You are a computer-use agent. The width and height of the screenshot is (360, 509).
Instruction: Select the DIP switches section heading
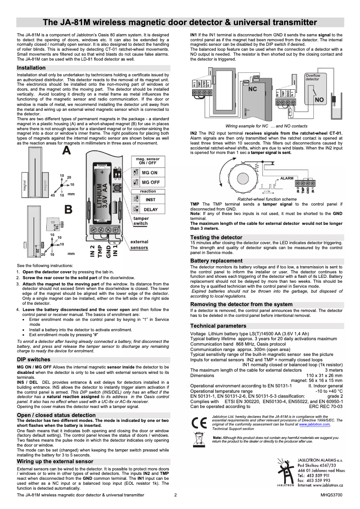(34, 360)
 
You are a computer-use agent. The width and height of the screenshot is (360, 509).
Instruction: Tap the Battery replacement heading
(216, 260)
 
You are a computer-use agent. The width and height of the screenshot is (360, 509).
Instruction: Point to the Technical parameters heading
(218, 325)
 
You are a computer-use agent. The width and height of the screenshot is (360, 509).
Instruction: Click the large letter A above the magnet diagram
(66, 151)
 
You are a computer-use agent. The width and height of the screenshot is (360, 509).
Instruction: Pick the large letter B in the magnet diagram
(68, 209)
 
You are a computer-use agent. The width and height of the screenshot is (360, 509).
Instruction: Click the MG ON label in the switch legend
(149, 173)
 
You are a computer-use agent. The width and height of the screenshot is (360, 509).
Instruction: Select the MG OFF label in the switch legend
(150, 182)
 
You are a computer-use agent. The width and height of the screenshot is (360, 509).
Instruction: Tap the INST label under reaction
(150, 199)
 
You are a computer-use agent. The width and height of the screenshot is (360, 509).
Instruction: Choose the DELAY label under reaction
(150, 210)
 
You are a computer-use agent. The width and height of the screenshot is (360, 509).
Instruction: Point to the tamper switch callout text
(140, 221)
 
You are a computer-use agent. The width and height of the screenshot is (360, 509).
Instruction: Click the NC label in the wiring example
(253, 89)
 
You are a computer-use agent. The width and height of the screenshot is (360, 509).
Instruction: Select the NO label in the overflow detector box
(319, 100)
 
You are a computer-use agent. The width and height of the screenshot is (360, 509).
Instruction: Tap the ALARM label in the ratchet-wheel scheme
(287, 178)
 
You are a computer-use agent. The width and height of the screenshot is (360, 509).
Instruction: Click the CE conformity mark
(198, 423)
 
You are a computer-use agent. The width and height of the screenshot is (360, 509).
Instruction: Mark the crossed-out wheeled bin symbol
(198, 438)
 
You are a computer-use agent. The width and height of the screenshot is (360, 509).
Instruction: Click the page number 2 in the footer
(176, 495)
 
